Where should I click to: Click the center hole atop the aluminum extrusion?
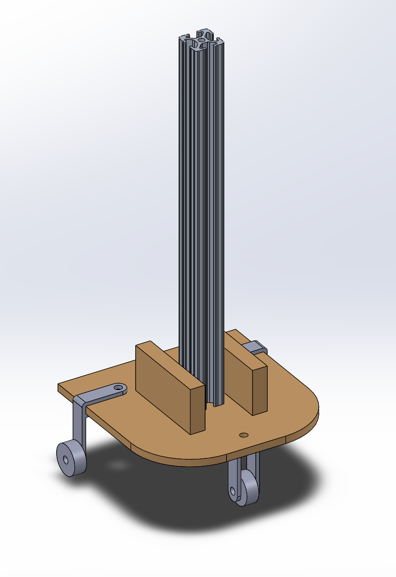click(x=201, y=40)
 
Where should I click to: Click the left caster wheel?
click(x=73, y=458)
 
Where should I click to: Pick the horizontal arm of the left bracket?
click(x=103, y=394)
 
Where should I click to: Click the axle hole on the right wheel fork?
click(x=233, y=491)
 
